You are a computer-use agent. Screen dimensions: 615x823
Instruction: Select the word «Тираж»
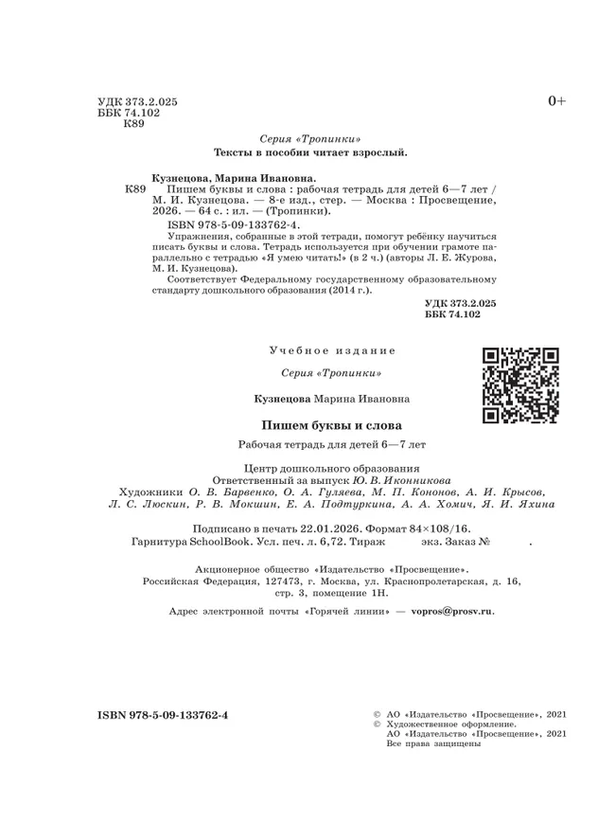364,567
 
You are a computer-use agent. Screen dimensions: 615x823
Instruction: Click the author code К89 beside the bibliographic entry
135,189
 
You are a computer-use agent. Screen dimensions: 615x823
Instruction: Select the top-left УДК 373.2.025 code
137,99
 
